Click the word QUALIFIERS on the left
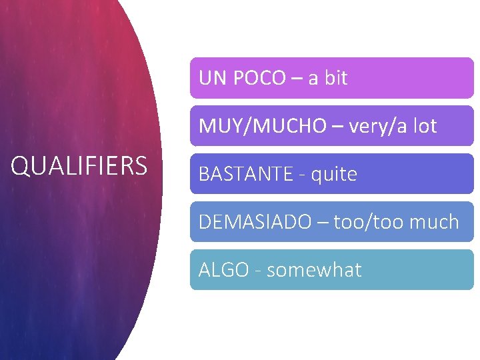(x=79, y=166)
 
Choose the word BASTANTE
(x=246, y=174)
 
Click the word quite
(x=333, y=174)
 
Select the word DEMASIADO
(x=255, y=222)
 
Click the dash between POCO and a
(x=296, y=79)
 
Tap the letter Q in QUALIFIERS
(x=21, y=166)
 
